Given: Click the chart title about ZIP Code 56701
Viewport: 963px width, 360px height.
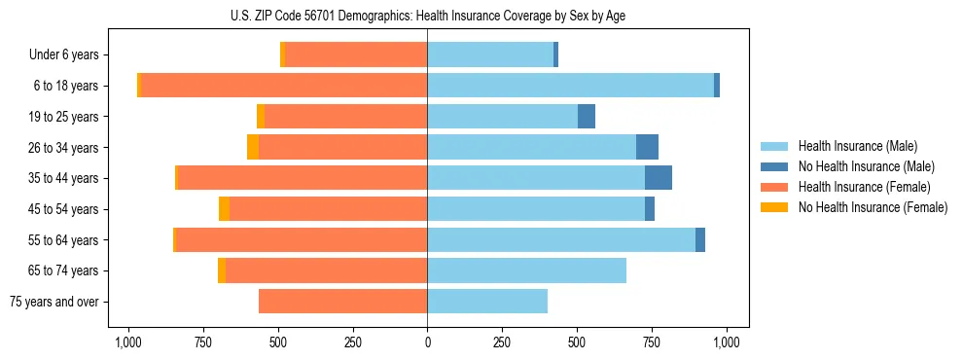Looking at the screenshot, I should (427, 15).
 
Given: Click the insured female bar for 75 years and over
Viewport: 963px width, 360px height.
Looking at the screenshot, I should (342, 302).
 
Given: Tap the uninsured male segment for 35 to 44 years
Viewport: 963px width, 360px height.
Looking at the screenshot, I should (658, 178).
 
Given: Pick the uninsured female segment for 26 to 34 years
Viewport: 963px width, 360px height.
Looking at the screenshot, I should (253, 147).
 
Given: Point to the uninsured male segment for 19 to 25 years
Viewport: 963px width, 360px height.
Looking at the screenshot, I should (587, 117).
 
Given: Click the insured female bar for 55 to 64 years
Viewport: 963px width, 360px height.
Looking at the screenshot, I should (302, 239).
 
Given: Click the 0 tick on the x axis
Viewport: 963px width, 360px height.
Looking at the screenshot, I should (427, 342).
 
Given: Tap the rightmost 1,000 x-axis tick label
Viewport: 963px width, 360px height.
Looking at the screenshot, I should (726, 342).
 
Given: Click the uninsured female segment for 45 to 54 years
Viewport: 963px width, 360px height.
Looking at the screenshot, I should (225, 209).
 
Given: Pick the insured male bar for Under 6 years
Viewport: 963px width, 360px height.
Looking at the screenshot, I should (490, 55).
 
